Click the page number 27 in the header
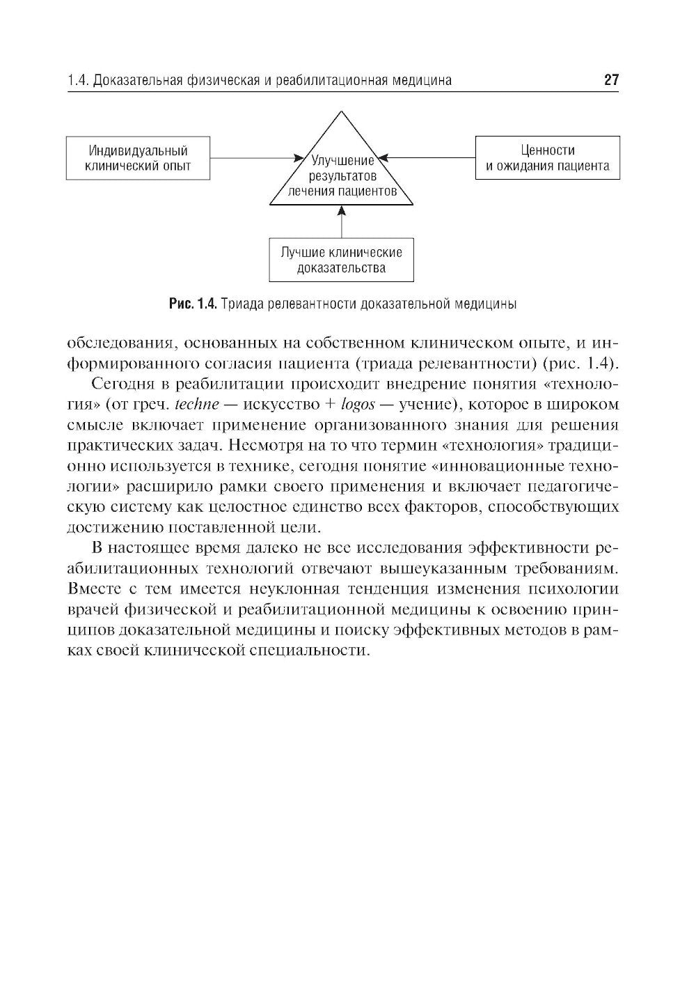(x=610, y=80)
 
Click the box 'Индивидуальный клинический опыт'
(x=138, y=158)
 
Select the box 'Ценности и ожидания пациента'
(x=547, y=158)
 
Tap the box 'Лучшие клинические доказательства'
(x=341, y=260)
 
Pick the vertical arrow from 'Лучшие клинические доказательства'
(x=341, y=223)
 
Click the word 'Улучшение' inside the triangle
(x=342, y=161)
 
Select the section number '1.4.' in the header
(x=78, y=81)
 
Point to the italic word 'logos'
(x=356, y=404)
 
